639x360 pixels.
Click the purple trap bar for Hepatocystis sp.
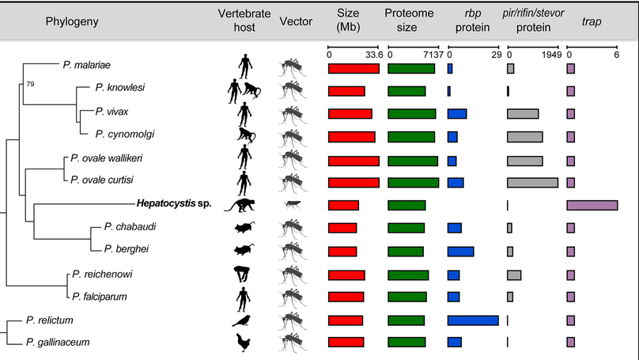592,206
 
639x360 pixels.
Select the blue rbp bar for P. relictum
472,320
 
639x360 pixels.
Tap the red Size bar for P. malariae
353,69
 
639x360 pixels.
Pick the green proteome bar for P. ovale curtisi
412,183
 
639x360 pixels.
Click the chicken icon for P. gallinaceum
244,342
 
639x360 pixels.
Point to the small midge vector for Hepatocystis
291,204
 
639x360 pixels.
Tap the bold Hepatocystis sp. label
169,206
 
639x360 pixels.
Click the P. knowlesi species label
119,87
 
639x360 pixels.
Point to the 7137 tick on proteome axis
434,54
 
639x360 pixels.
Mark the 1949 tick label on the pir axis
551,54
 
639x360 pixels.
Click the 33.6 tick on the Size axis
374,54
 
